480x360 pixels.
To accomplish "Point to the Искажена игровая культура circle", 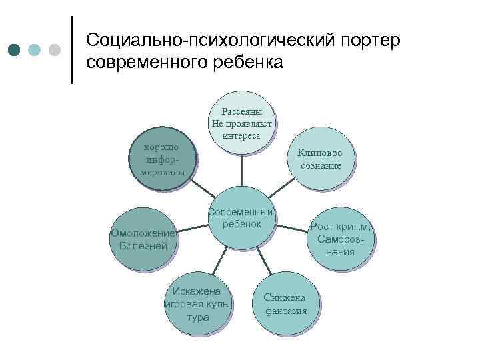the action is point(199,304).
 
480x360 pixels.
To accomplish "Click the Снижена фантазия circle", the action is point(285,304).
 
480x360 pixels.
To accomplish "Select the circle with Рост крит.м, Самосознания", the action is point(341,239).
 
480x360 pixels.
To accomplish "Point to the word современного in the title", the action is point(149,63).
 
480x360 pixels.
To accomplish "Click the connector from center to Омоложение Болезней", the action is point(193,228).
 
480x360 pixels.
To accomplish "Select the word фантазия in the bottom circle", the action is point(286,311).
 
